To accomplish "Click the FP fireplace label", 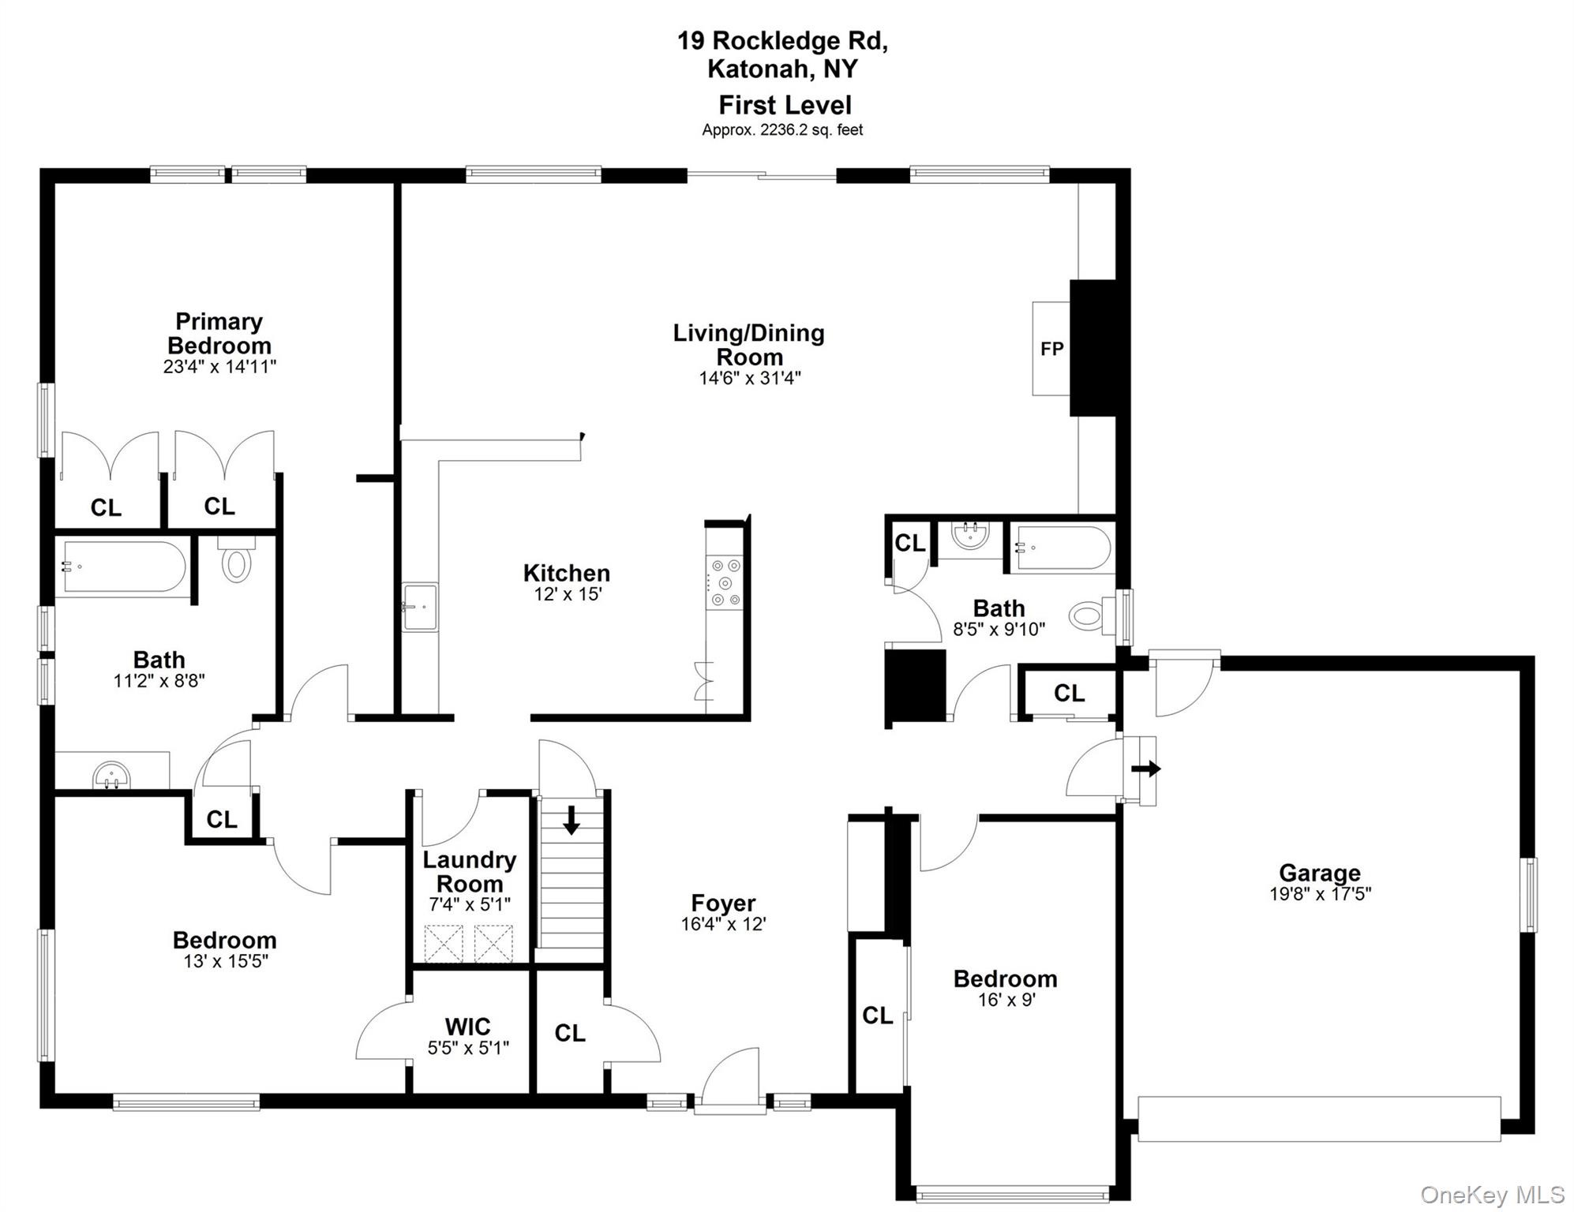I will (x=1051, y=349).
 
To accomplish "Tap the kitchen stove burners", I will (x=725, y=583).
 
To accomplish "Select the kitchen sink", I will (x=419, y=607).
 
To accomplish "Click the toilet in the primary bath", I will (x=236, y=562).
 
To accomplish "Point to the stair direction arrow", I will (x=571, y=820).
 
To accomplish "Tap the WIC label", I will (x=467, y=1027).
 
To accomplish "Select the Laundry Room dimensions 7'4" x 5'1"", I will (x=469, y=904).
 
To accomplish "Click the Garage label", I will (x=1319, y=873).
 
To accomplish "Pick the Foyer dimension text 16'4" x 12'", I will (x=723, y=924).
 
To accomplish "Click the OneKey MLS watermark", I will (x=1491, y=1195).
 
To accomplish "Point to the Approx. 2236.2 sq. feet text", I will (x=782, y=130).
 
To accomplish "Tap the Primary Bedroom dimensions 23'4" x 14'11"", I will (x=219, y=367).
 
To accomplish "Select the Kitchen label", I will (x=566, y=573).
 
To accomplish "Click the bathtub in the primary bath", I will (x=124, y=567).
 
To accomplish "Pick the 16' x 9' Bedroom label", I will (x=1005, y=979).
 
